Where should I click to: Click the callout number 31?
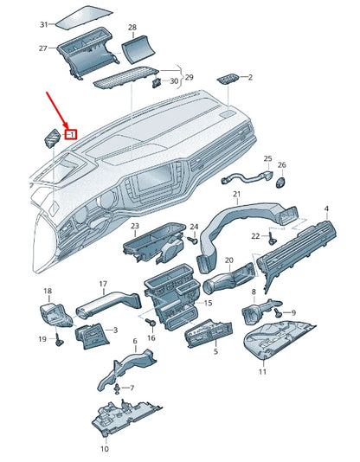pyautogui.click(x=43, y=24)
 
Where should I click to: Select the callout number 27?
pyautogui.click(x=43, y=48)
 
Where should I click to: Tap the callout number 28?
pyautogui.click(x=132, y=28)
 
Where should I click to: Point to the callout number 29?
pyautogui.click(x=190, y=77)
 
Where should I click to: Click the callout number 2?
pyautogui.click(x=250, y=77)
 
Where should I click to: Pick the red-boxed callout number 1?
pyautogui.click(x=72, y=134)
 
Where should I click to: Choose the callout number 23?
pyautogui.click(x=135, y=227)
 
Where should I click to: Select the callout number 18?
pyautogui.click(x=48, y=291)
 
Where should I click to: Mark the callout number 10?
pyautogui.click(x=105, y=449)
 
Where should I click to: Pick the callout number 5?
pyautogui.click(x=215, y=353)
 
